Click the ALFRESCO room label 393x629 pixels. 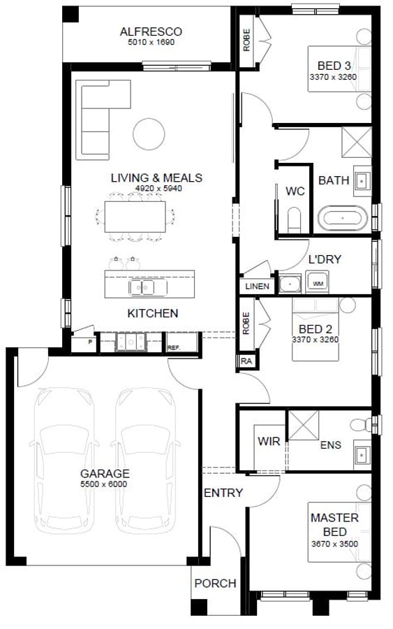tap(151, 31)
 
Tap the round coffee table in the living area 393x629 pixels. tap(149, 134)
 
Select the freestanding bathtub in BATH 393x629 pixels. tap(343, 219)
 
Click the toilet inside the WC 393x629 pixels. tap(295, 220)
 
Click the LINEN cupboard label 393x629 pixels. tap(257, 286)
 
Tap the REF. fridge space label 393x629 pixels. tap(174, 348)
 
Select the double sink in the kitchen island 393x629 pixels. tap(142, 287)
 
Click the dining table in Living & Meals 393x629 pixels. tap(135, 217)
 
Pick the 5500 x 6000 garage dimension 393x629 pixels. tap(104, 484)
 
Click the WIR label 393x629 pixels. tap(269, 441)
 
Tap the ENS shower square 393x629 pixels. tap(304, 425)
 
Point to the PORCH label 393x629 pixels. tap(216, 584)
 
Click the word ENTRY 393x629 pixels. tap(223, 493)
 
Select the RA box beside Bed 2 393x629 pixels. tap(246, 361)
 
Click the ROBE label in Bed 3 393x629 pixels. tap(246, 40)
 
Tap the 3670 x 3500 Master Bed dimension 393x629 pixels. tap(334, 544)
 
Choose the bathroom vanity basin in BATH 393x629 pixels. tap(362, 181)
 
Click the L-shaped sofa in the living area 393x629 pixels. tap(103, 119)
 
